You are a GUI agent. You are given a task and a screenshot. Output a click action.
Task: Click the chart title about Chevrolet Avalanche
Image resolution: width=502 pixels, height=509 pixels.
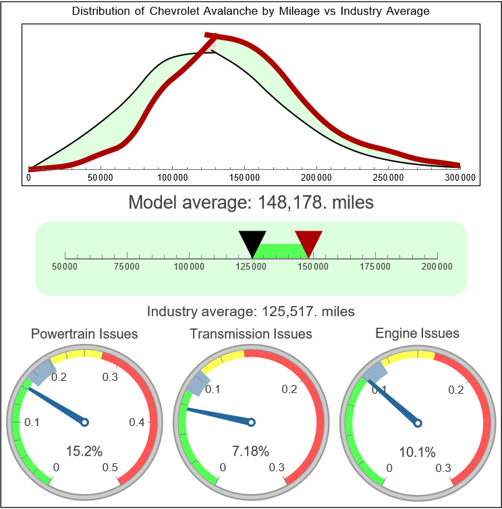coord(250,11)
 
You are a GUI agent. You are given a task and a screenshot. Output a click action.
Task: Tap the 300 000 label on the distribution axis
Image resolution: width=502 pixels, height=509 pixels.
coord(460,178)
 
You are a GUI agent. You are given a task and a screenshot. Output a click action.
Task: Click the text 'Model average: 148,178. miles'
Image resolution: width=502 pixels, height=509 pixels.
coord(250,202)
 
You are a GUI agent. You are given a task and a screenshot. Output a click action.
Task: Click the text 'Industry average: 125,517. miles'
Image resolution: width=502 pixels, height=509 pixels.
coord(250,311)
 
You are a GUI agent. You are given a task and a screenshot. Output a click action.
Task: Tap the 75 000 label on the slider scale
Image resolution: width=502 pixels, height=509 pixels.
coord(127,267)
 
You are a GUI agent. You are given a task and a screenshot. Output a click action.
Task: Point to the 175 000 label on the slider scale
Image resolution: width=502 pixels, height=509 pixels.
coord(375,267)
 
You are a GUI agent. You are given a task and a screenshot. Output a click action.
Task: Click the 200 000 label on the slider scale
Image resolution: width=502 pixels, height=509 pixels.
coord(437,267)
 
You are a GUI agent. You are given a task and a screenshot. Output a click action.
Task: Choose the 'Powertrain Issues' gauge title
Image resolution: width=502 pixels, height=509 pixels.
coord(84,334)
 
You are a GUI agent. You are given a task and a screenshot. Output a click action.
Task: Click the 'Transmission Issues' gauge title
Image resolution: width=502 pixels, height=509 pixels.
coord(251,334)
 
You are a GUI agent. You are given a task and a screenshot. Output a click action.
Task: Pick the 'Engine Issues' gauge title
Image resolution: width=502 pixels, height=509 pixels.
coord(417,333)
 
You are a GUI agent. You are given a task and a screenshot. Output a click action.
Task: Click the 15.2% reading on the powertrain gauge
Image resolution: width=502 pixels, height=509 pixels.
coord(84,451)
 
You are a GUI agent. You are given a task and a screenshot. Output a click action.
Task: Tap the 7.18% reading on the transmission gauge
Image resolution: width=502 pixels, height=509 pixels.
coord(251,451)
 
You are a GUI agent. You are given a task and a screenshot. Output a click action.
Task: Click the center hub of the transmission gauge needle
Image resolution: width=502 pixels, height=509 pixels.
coord(251,423)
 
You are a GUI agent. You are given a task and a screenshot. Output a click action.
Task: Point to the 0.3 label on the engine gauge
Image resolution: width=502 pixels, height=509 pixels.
coord(443,468)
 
